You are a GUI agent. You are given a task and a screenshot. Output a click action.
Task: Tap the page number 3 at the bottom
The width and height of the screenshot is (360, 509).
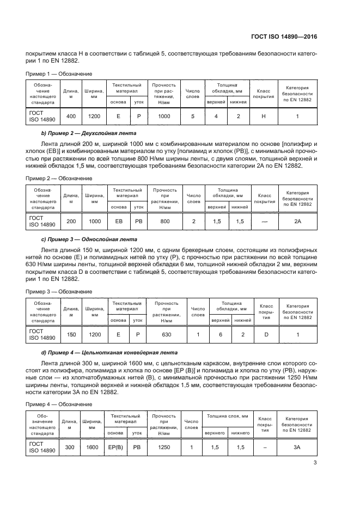pyautogui.click(x=315, y=463)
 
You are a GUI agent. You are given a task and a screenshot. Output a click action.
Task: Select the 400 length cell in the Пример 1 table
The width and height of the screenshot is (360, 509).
pyautogui.click(x=71, y=116)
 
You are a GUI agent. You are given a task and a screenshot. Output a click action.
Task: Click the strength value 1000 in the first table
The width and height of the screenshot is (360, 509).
pyautogui.click(x=164, y=116)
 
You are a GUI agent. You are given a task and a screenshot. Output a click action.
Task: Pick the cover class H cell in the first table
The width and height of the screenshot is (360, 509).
pyautogui.click(x=264, y=116)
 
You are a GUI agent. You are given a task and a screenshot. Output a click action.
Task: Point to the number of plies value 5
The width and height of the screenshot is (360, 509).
pyautogui.click(x=193, y=116)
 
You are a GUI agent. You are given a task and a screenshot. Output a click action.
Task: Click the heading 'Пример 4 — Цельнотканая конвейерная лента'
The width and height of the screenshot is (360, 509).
pyautogui.click(x=108, y=352)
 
